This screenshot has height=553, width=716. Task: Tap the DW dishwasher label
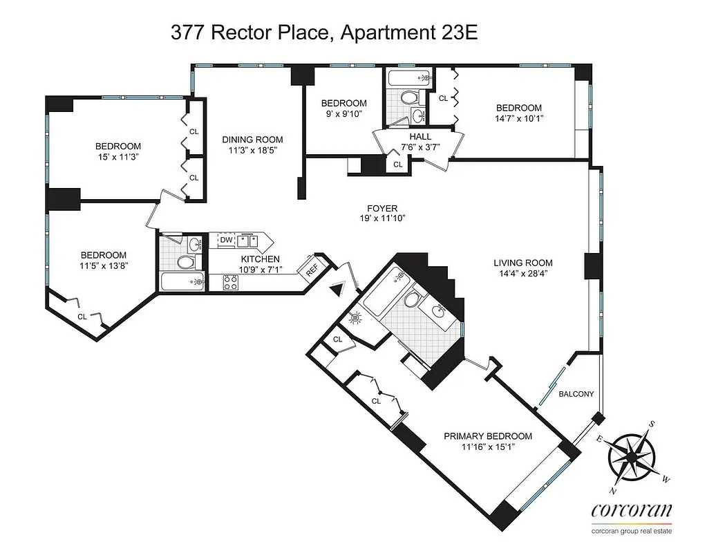pyautogui.click(x=226, y=240)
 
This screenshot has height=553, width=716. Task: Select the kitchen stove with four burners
pyautogui.click(x=230, y=282)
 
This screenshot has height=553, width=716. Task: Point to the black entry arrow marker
pyautogui.click(x=338, y=289)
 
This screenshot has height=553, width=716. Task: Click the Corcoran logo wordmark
pyautogui.click(x=632, y=511)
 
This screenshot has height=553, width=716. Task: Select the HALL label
pyautogui.click(x=400, y=136)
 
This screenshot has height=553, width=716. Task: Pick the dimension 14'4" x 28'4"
pyautogui.click(x=523, y=273)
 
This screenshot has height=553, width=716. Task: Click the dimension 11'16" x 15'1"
pyautogui.click(x=488, y=447)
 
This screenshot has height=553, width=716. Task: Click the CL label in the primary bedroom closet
pyautogui.click(x=377, y=400)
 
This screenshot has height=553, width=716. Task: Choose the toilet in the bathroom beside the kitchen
pyautogui.click(x=185, y=262)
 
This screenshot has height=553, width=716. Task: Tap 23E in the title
pyautogui.click(x=454, y=34)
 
